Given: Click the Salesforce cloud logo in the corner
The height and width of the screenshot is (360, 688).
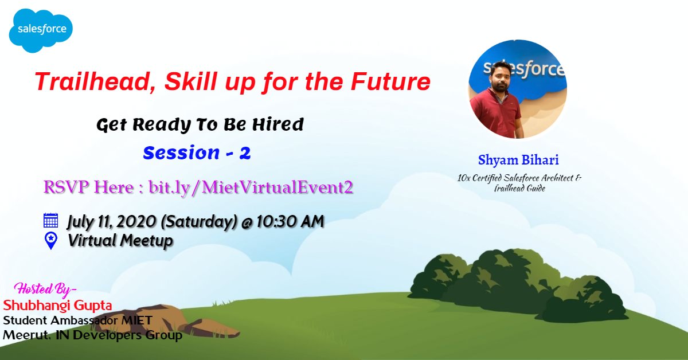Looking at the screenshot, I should click(41, 29).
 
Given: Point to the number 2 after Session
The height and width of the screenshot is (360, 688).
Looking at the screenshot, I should click(245, 153).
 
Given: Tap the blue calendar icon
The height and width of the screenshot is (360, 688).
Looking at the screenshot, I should click(51, 221).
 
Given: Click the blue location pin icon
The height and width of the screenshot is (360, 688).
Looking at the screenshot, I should click(51, 240).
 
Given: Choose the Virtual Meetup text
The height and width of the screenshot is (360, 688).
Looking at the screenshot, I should click(120, 241).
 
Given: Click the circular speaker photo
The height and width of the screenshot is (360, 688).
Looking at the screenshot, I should click(517, 89).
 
